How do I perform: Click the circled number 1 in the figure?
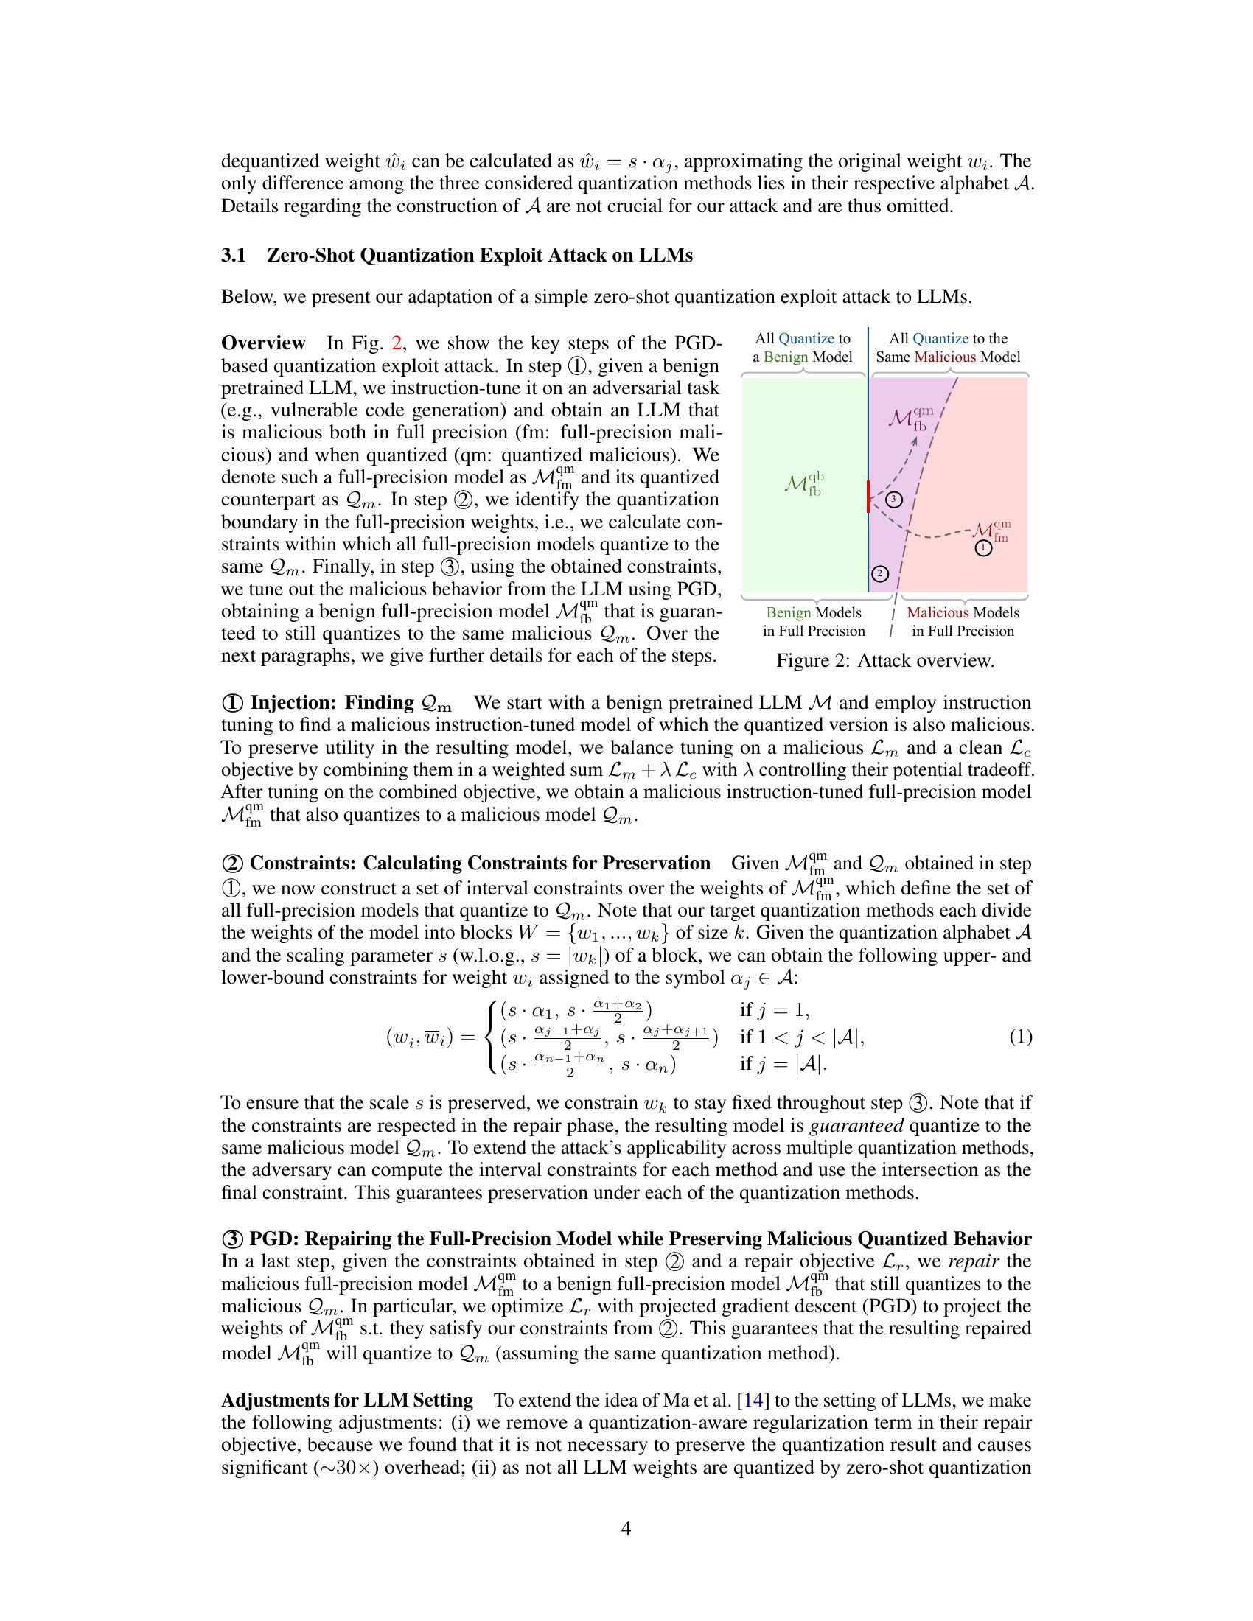982,548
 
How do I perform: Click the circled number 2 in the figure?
879,574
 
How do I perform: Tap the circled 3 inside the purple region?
895,499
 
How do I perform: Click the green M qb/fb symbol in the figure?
803,484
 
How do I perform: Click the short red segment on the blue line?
868,497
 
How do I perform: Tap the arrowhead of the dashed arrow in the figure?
916,438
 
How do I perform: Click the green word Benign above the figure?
786,357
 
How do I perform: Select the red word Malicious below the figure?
937,612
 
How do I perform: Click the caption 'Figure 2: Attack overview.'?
884,661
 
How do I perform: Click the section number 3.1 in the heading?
233,256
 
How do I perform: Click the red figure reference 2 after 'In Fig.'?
397,343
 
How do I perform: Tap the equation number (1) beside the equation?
1020,1037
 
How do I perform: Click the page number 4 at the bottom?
626,1528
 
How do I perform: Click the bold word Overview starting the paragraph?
264,343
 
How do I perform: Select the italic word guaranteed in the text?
856,1125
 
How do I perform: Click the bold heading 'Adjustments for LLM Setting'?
346,1400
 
